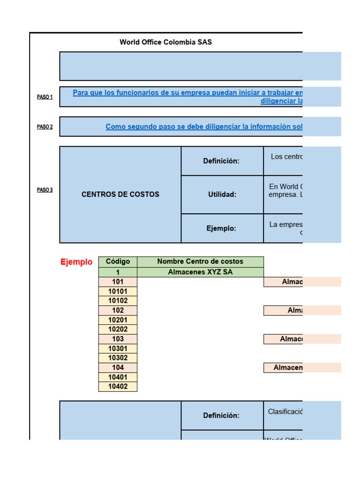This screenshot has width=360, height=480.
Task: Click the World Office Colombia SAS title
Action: pyautogui.click(x=165, y=42)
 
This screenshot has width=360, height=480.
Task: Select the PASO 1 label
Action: pyautogui.click(x=45, y=97)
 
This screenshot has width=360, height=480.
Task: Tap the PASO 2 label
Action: pyautogui.click(x=45, y=127)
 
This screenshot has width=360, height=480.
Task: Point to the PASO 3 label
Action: pyautogui.click(x=45, y=190)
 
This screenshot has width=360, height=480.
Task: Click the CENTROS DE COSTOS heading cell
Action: pyautogui.click(x=120, y=195)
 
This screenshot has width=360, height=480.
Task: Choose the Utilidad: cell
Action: pyautogui.click(x=222, y=195)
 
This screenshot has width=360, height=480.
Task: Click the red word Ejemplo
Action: pyautogui.click(x=76, y=262)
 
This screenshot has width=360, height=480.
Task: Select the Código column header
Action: pyautogui.click(x=118, y=262)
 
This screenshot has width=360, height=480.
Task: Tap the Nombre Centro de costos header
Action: pyautogui.click(x=200, y=262)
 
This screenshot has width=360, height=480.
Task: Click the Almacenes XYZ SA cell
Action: pyautogui.click(x=200, y=272)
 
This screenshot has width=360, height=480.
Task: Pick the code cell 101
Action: pyautogui.click(x=118, y=282)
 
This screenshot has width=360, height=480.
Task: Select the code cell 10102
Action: pyautogui.click(x=118, y=301)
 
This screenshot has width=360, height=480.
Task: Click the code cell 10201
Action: pyautogui.click(x=118, y=320)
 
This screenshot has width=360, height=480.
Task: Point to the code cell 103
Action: pyautogui.click(x=118, y=339)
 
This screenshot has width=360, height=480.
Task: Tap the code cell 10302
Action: pyautogui.click(x=118, y=358)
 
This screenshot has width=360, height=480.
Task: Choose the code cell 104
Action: pyautogui.click(x=118, y=367)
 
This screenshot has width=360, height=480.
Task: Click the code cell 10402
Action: pyautogui.click(x=118, y=387)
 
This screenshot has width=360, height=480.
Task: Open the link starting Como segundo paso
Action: pyautogui.click(x=204, y=127)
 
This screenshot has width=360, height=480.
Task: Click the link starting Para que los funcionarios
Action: pyautogui.click(x=187, y=93)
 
